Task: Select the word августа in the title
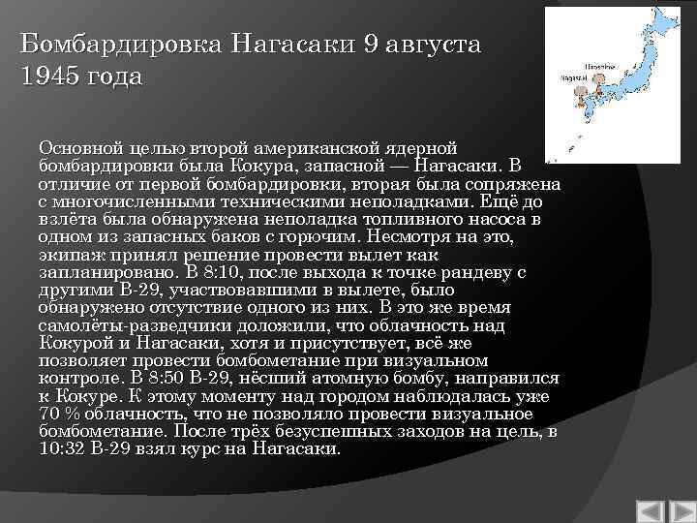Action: coord(432,45)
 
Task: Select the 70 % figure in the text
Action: coord(59,413)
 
